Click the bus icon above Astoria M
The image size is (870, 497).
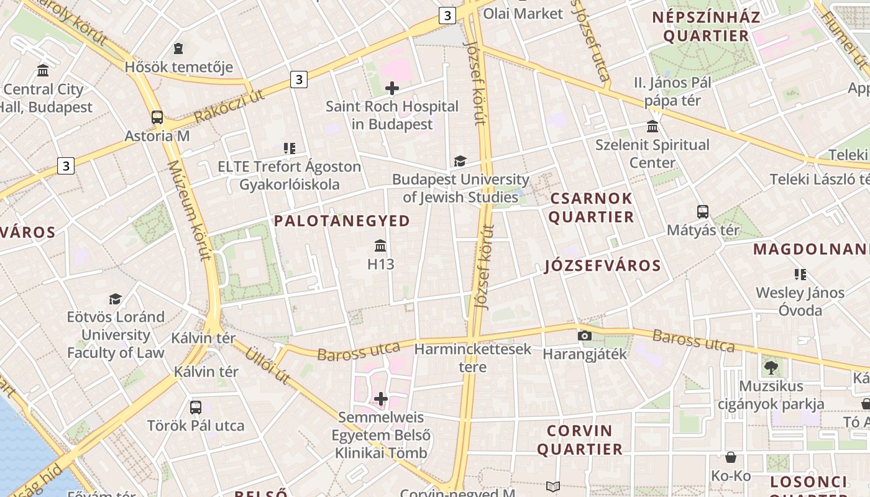(157, 117)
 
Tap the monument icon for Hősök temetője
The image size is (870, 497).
(179, 48)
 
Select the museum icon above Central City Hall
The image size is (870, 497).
(43, 70)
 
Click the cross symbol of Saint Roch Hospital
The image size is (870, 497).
(392, 88)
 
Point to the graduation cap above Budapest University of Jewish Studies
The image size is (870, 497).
(460, 162)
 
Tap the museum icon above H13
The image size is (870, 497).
(381, 246)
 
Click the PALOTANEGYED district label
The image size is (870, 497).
(342, 221)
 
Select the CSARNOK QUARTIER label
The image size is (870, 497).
(590, 207)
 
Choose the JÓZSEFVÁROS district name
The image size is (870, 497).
(602, 266)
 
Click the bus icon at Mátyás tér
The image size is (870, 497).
(703, 212)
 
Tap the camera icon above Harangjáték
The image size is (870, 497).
(584, 336)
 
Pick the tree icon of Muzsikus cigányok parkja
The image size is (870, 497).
(771, 368)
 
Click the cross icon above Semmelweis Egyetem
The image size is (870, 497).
(381, 399)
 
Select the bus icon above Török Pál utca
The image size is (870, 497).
(196, 408)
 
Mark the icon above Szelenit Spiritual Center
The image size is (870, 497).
(652, 127)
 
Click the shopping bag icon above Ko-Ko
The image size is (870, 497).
(731, 458)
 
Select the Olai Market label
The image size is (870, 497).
(523, 13)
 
